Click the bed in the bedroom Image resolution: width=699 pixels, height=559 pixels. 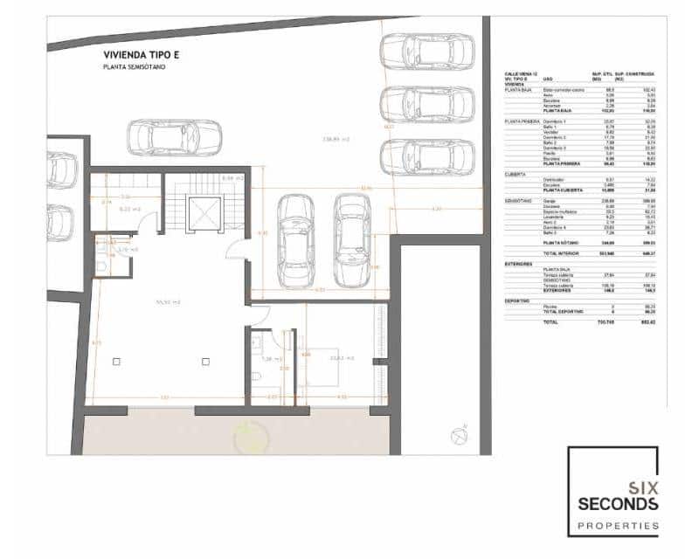(319, 371)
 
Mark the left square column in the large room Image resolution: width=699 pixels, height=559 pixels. (116, 361)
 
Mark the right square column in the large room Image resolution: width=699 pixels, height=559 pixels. (204, 361)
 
